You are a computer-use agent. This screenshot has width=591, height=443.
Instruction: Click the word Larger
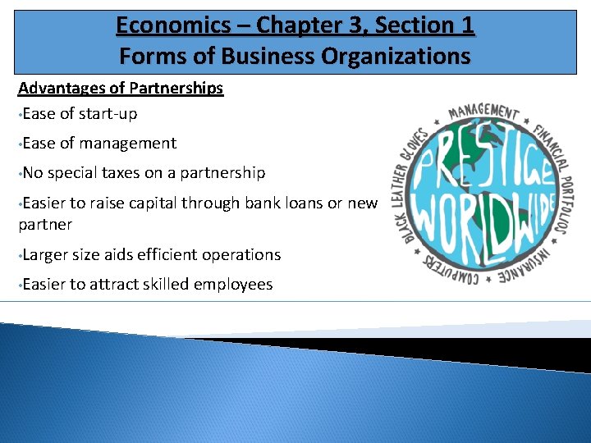pyautogui.click(x=45, y=255)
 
